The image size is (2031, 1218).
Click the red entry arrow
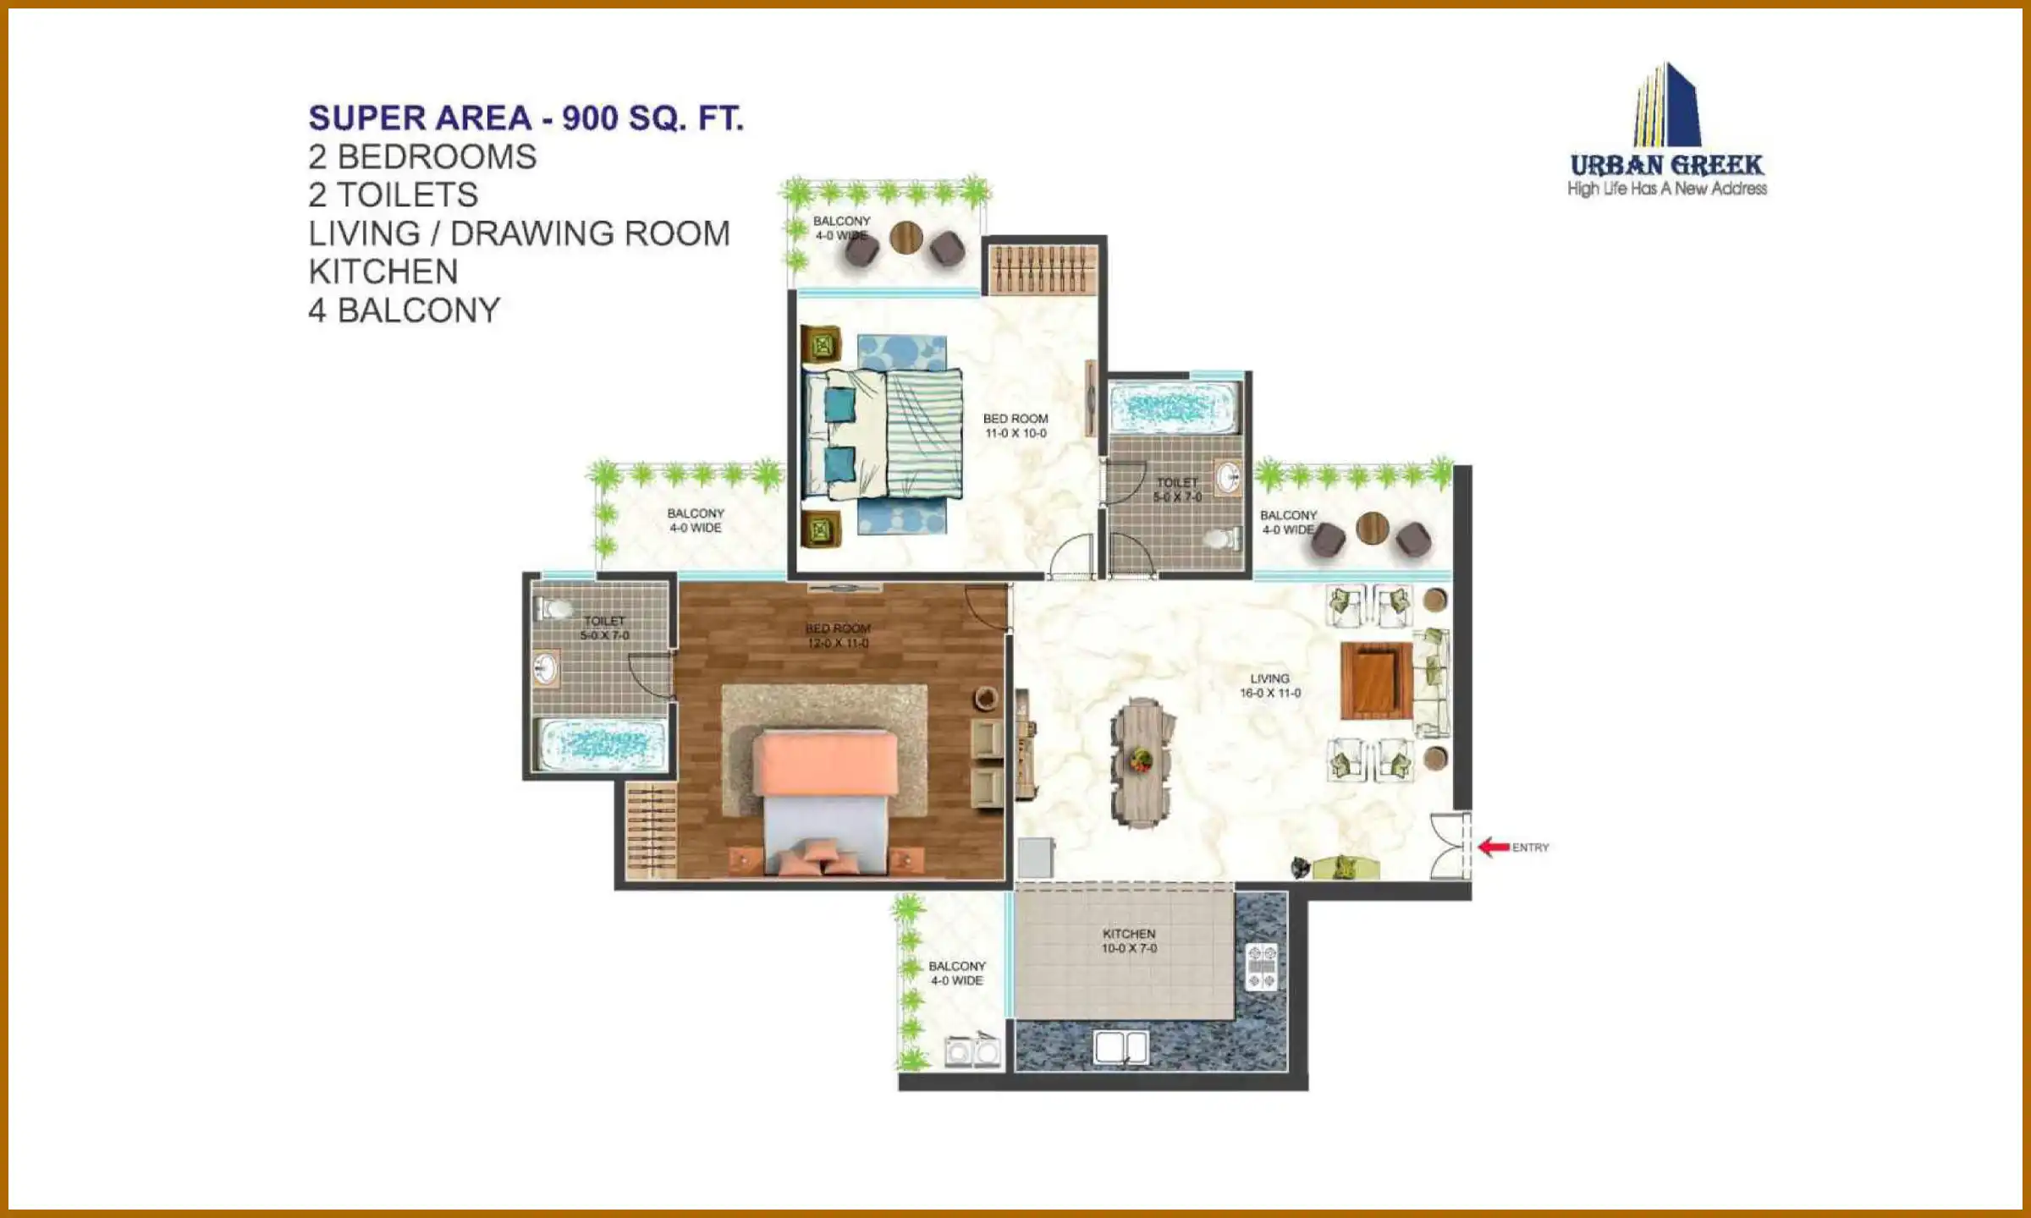1494,847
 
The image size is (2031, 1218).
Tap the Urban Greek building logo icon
1666,105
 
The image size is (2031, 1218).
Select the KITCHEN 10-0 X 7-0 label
1129,941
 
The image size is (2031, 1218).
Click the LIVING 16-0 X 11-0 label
1270,685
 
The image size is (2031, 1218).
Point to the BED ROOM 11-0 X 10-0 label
1015,425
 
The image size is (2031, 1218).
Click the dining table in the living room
1142,761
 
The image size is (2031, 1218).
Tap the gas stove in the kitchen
1261,966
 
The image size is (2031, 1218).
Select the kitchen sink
1121,1047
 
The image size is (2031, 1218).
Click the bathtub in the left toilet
603,744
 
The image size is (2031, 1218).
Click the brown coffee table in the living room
1376,681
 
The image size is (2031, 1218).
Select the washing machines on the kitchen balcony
972,1051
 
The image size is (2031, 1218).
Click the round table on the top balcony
905,238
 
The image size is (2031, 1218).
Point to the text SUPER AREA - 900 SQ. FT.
526,118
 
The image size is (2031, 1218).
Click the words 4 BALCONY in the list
404,310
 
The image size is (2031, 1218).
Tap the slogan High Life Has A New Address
1666,189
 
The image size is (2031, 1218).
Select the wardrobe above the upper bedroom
1044,268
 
